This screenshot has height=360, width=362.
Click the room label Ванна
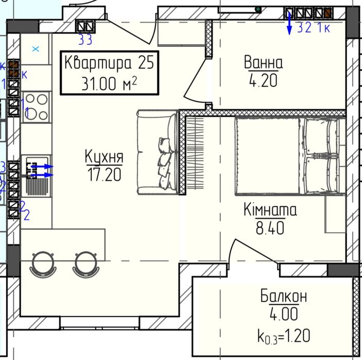click(x=263, y=63)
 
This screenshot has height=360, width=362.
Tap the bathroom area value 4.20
click(x=263, y=80)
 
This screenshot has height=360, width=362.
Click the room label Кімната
click(x=270, y=210)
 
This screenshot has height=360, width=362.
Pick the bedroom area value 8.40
click(x=270, y=228)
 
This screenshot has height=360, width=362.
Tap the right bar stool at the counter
click(x=84, y=264)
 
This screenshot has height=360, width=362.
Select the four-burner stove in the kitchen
click(x=36, y=106)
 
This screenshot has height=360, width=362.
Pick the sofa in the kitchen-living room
click(x=157, y=153)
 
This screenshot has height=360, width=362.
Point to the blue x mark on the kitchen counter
click(x=36, y=49)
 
